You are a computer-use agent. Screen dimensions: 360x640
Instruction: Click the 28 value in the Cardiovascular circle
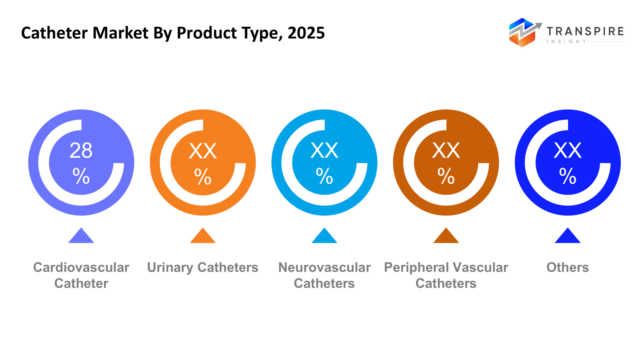(81, 151)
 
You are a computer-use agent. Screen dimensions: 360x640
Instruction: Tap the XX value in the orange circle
(203, 151)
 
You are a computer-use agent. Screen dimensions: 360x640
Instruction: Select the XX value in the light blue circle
(324, 151)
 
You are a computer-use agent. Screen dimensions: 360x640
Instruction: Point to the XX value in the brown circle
(446, 151)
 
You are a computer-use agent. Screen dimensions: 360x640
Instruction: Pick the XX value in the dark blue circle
(568, 151)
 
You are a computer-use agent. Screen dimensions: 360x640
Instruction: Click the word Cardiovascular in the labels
(81, 267)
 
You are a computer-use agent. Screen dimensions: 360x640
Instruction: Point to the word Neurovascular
(324, 267)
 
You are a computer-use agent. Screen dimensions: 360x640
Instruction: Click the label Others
(568, 267)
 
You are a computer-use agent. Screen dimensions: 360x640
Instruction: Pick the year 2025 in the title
(306, 33)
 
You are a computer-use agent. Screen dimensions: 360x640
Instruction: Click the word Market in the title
(121, 33)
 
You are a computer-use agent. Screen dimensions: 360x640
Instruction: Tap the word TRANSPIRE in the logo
(585, 31)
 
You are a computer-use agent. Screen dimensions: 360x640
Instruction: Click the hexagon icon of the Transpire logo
(522, 33)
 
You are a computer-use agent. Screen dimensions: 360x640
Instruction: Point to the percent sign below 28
(81, 176)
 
